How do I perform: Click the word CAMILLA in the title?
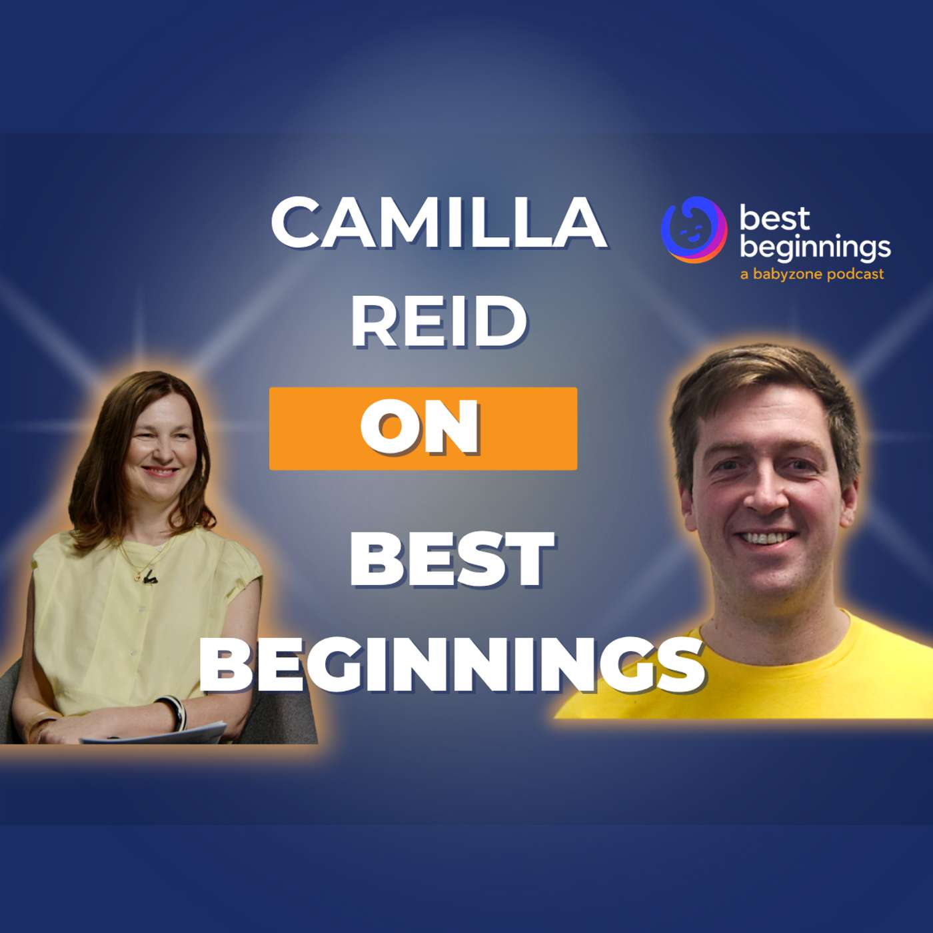click(439, 223)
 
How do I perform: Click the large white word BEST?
click(452, 558)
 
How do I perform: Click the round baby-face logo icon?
click(694, 229)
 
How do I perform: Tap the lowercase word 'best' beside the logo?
click(774, 219)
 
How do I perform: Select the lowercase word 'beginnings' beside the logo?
click(815, 247)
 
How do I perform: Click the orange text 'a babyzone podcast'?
click(812, 275)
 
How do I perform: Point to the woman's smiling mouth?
click(159, 470)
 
